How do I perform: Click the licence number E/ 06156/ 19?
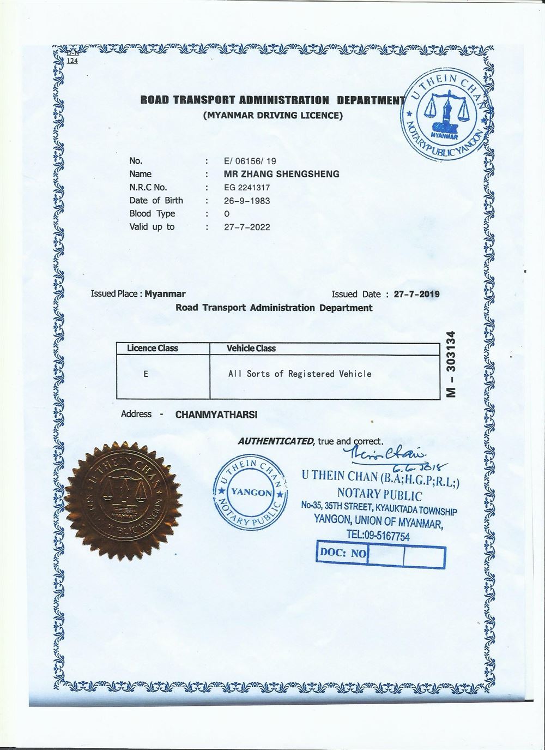pyautogui.click(x=250, y=161)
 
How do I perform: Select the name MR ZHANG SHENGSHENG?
pyautogui.click(x=282, y=174)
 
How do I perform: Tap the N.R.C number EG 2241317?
pyautogui.click(x=247, y=188)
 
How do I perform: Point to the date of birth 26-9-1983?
pyautogui.click(x=247, y=201)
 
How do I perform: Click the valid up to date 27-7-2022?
pyautogui.click(x=247, y=227)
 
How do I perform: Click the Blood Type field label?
pyautogui.click(x=152, y=214)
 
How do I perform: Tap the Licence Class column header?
pyautogui.click(x=153, y=348)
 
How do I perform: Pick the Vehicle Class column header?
pyautogui.click(x=251, y=348)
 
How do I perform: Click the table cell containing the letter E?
pyautogui.click(x=146, y=374)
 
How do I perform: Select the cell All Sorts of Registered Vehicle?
pyautogui.click(x=299, y=374)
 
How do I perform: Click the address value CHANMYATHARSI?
pyautogui.click(x=216, y=415)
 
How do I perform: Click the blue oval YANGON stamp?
pyautogui.click(x=249, y=492)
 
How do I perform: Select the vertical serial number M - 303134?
pyautogui.click(x=450, y=364)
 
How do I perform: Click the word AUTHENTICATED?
pyautogui.click(x=275, y=441)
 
